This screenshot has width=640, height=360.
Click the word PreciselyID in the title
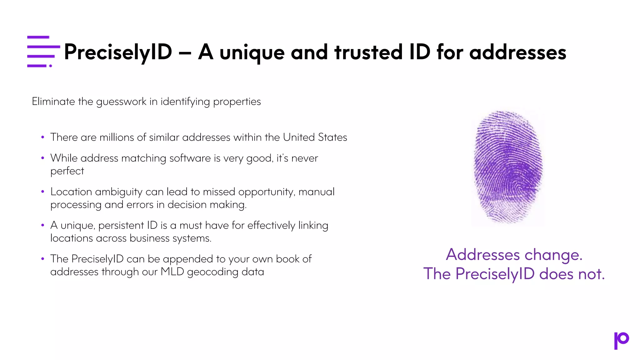[x=118, y=52]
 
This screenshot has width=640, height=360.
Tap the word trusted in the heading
[x=368, y=52]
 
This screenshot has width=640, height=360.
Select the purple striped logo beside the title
[x=43, y=52]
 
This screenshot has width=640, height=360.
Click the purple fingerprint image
[x=508, y=167]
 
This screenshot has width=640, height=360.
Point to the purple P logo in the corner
[x=621, y=340]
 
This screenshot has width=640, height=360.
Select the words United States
[x=315, y=137]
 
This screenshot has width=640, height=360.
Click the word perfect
[x=67, y=171]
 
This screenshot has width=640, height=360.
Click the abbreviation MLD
[x=172, y=272]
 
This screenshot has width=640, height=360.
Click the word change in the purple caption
[x=553, y=255]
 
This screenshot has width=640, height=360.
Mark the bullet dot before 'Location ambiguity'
[x=43, y=192]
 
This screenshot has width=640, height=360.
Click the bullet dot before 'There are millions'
[x=43, y=137]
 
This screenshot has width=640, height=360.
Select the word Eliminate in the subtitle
[x=53, y=102]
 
